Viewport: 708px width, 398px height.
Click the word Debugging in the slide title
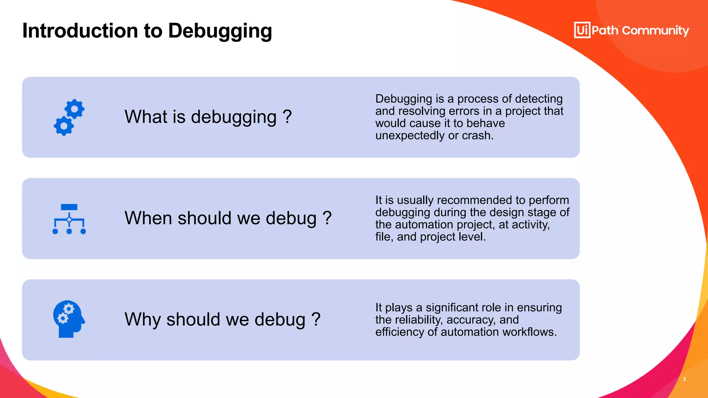point(220,31)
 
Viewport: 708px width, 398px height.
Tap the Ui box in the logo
point(582,30)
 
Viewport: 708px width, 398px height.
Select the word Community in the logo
point(655,31)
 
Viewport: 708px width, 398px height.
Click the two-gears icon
point(69,117)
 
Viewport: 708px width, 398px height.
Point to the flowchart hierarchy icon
point(69,219)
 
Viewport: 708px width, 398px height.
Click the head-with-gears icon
point(69,319)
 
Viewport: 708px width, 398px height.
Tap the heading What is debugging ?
point(208,117)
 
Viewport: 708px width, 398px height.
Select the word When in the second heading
point(148,218)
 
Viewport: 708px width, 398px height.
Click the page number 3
point(684,379)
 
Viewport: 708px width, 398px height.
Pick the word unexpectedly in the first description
point(410,135)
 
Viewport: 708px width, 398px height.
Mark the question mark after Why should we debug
point(316,319)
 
